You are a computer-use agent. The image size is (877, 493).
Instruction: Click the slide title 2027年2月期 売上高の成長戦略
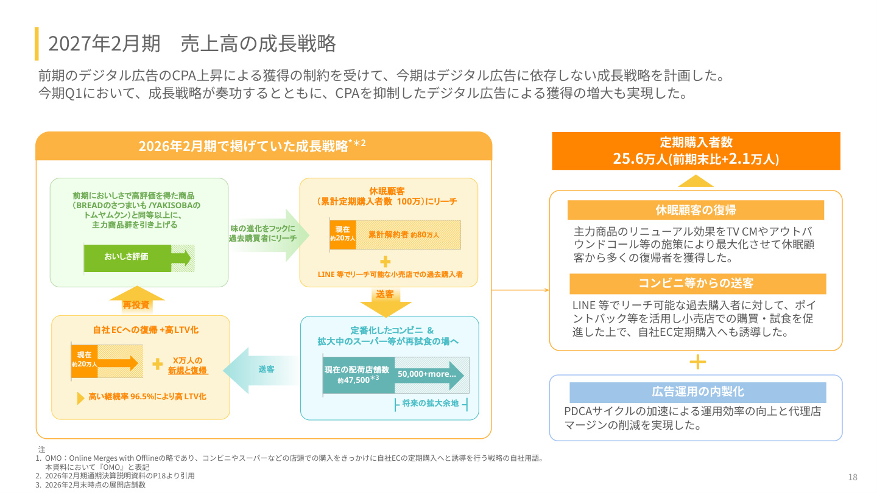point(192,43)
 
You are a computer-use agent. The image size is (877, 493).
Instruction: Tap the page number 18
point(853,477)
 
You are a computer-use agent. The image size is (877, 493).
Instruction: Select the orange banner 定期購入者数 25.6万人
point(696,151)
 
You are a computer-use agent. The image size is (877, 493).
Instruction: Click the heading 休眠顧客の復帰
point(696,210)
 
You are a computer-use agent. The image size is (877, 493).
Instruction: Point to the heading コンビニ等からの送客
point(698,283)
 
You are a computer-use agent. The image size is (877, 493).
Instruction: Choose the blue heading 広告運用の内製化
point(698,392)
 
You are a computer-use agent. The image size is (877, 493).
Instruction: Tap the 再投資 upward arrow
point(136,299)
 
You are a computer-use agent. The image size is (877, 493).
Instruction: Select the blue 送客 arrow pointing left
point(261,370)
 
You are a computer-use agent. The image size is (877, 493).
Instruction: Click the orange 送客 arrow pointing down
point(386,302)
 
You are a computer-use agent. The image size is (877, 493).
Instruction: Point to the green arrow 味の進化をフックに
point(268,235)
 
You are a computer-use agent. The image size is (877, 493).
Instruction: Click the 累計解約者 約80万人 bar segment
point(408,235)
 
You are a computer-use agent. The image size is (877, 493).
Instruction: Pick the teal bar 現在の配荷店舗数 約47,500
point(359,375)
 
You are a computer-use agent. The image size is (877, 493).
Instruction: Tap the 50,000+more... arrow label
point(427,374)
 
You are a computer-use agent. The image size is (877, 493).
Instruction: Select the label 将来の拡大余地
point(430,404)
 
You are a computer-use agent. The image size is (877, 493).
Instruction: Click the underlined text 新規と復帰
point(188,370)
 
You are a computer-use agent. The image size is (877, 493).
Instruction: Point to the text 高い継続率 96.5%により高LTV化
point(147,397)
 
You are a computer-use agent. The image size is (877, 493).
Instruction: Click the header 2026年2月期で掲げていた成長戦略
point(252,146)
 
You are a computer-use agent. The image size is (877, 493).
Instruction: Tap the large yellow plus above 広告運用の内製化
point(698,362)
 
